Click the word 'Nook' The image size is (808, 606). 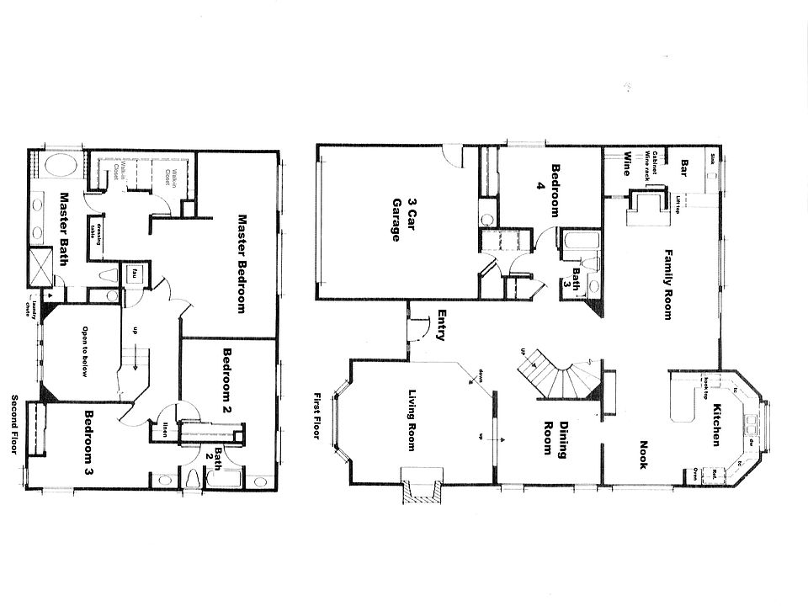click(644, 455)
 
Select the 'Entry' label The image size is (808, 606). click(441, 326)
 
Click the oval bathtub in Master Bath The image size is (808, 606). click(58, 165)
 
